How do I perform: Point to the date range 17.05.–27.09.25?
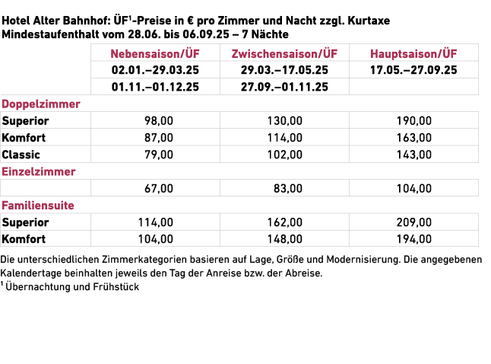[x=414, y=70]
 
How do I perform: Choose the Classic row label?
[x=21, y=154]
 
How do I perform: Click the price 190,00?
[x=414, y=120]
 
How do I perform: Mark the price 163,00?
[x=414, y=137]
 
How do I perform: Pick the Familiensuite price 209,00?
[x=414, y=222]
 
